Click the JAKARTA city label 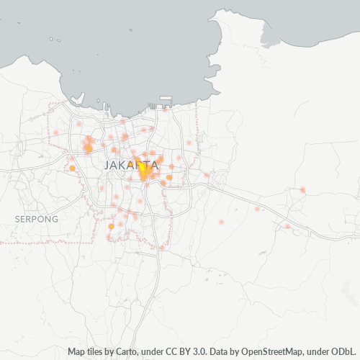[x=132, y=166]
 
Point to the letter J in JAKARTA [x=107, y=166]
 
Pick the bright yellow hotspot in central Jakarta [x=143, y=171]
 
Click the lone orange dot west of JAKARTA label [x=72, y=168]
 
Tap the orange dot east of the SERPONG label [x=111, y=226]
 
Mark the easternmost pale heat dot [x=302, y=190]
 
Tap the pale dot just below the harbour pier [x=166, y=110]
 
